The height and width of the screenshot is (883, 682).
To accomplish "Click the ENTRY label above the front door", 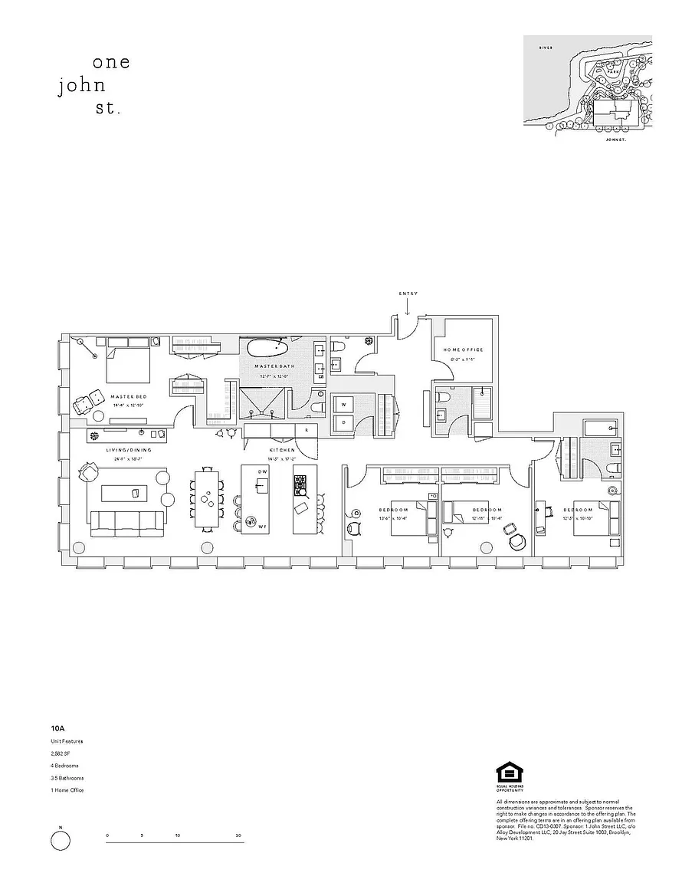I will point(408,294).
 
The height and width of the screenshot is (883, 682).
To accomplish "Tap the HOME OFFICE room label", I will point(464,350).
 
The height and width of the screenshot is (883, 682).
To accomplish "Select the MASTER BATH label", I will point(271,367).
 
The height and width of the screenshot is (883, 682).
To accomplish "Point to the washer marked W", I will point(344,404).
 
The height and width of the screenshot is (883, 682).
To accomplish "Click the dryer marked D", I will point(344,422).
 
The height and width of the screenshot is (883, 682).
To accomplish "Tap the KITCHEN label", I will point(282,450).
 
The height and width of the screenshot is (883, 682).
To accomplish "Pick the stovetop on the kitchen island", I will point(300,484).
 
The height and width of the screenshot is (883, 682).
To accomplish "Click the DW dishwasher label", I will point(262,471).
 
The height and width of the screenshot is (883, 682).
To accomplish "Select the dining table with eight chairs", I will point(207,498).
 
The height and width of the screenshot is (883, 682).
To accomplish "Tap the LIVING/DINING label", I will point(129,450).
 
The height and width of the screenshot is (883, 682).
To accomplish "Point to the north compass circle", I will point(61,841).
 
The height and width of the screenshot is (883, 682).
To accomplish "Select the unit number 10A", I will point(57,728).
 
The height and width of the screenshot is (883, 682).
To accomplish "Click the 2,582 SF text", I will point(61,753).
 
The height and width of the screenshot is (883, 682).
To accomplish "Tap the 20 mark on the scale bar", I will point(240,835).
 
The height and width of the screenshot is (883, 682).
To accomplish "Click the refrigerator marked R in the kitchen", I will point(307,430).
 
